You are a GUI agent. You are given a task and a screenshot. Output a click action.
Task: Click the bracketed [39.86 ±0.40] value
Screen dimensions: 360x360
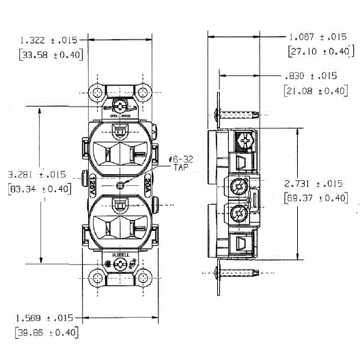46,333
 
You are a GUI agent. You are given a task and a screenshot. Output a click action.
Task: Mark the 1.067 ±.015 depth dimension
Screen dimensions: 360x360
318,37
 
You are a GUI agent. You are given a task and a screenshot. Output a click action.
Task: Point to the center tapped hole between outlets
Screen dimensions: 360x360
121,185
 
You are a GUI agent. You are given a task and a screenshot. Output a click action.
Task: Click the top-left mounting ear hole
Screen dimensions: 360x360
98,92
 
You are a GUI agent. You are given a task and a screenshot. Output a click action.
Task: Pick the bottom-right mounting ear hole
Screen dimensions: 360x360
143,279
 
